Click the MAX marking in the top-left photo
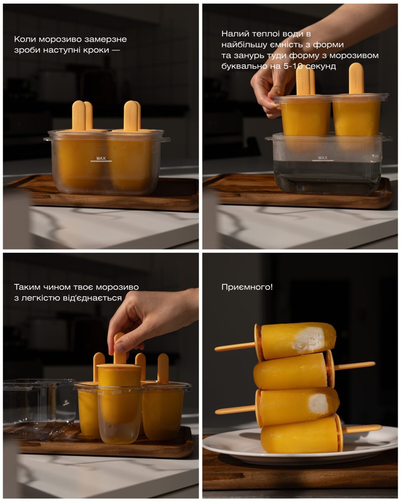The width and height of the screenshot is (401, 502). point(101,158)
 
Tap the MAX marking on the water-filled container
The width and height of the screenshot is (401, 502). point(323,158)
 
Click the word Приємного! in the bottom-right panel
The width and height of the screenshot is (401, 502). point(247,287)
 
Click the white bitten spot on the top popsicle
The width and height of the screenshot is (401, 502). point(309,339)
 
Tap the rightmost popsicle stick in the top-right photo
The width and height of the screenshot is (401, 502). point(356,78)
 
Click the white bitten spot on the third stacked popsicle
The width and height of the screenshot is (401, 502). point(319,403)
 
